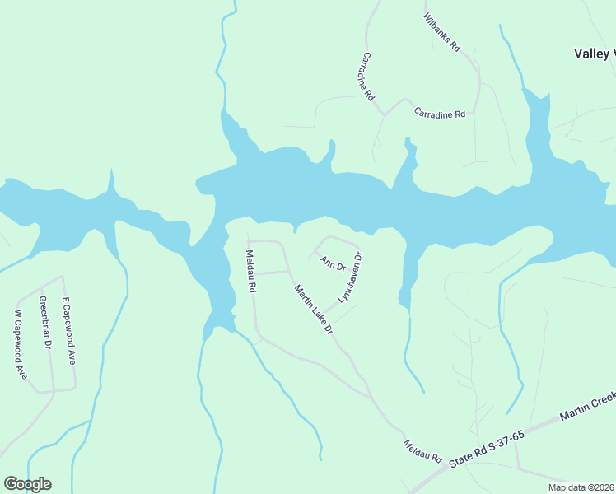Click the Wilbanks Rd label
tap(441, 33)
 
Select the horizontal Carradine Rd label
tap(440, 113)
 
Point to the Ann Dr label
tap(333, 263)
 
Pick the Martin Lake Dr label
tap(314, 309)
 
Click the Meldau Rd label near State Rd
tap(423, 450)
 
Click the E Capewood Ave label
tap(69, 331)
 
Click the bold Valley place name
tap(594, 54)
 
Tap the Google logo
tap(27, 484)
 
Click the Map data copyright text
tap(581, 486)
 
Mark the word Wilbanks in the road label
tap(437, 29)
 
